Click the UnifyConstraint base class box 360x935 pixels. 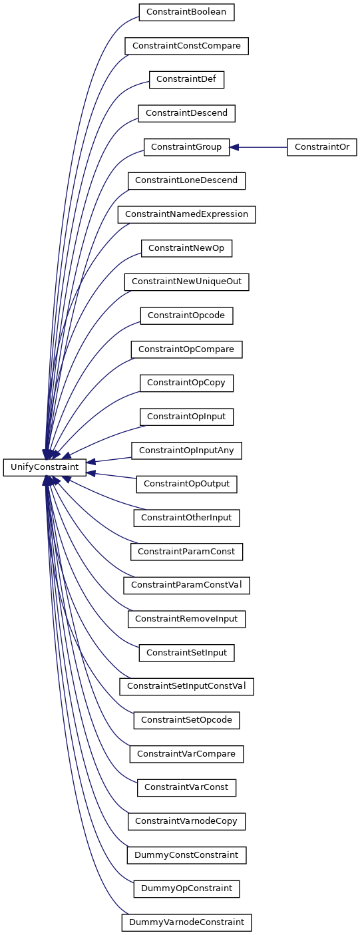[45, 467]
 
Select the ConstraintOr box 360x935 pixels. [322, 147]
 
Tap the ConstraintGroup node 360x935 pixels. [186, 147]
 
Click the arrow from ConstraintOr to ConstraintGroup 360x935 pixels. [258, 147]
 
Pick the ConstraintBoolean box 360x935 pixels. [186, 12]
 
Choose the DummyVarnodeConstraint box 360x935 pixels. [186, 922]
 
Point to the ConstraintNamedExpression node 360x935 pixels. [186, 214]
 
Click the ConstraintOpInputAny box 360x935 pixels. [186, 451]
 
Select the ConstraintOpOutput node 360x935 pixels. [186, 484]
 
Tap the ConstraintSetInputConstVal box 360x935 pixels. [186, 687]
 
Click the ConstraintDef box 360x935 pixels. [186, 80]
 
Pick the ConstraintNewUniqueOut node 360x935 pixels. [186, 282]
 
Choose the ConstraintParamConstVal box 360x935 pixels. [186, 585]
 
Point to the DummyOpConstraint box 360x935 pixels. [186, 888]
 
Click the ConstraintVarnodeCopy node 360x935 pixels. [186, 821]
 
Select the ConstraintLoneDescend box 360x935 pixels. [186, 181]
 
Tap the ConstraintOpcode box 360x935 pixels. [186, 316]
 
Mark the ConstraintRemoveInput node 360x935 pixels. [186, 619]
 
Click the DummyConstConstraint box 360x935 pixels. [186, 855]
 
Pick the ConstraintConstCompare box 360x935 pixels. [186, 46]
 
